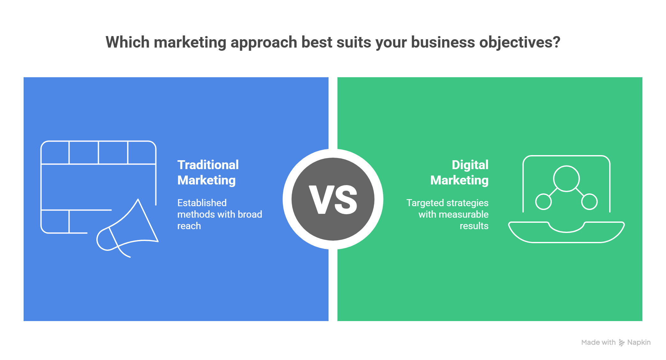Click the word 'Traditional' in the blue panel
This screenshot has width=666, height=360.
coord(208,165)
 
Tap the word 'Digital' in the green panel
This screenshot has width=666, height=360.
coord(470,165)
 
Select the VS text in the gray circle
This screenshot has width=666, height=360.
coord(333,200)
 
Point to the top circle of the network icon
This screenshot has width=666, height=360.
coord(566,178)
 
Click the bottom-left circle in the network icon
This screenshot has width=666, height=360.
coord(543,202)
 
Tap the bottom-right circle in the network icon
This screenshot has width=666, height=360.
coord(589,202)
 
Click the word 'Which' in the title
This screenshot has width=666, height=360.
coord(128,42)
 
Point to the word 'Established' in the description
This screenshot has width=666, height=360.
coord(202,203)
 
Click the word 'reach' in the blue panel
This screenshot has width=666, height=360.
coord(189,226)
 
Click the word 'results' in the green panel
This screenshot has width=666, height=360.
coord(474,226)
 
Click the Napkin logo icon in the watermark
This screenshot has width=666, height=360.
coord(622,342)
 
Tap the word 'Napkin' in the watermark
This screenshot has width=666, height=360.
coord(639,342)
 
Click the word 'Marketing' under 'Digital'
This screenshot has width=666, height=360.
coord(459,180)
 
